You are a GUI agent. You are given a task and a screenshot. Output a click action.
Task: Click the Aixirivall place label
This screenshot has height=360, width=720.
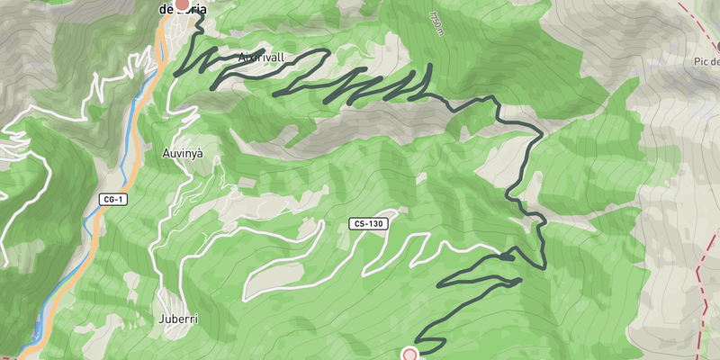pos(262,58)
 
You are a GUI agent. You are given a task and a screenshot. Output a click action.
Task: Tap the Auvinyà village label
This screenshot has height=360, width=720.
pos(183,154)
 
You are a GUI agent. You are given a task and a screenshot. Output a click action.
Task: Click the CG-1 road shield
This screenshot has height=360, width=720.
pos(112,199)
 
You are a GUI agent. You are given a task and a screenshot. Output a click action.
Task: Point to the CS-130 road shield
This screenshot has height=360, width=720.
pos(369,223)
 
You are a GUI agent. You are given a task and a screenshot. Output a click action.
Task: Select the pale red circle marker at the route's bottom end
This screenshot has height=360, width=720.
pos(410,355)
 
